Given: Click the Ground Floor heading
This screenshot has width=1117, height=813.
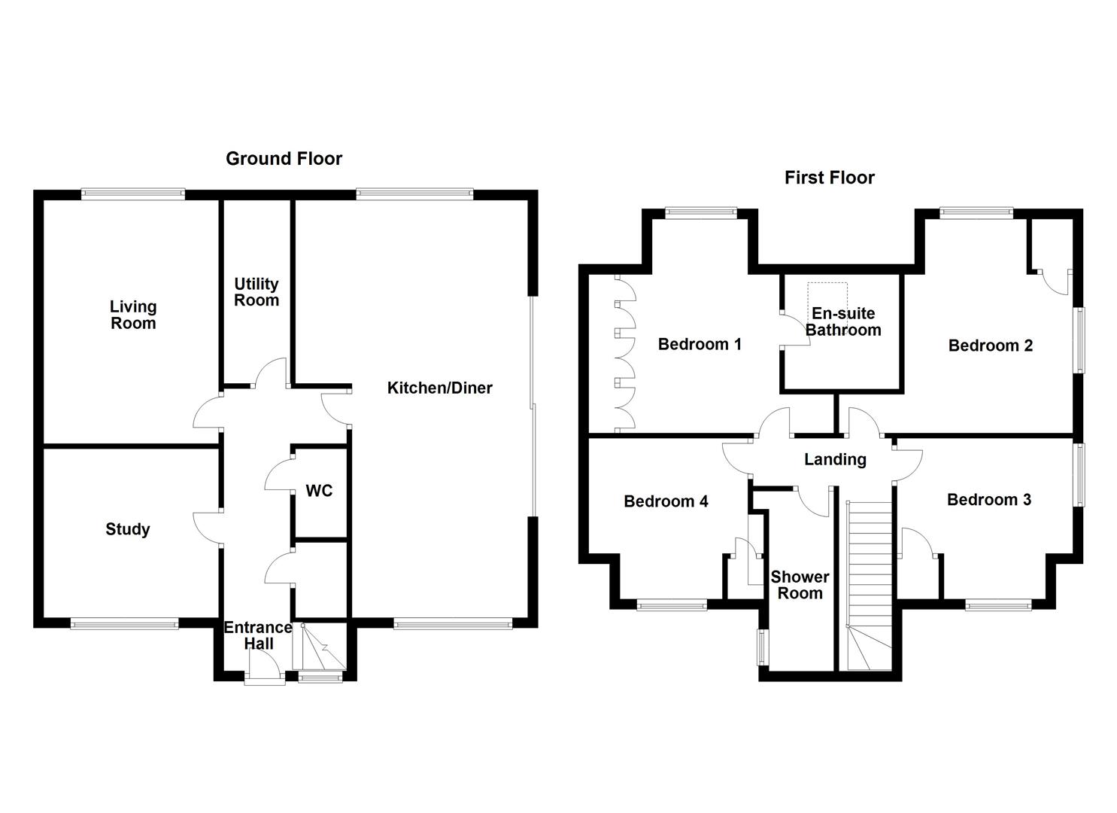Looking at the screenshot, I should click(284, 159).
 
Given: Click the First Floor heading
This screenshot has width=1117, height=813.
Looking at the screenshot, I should click(829, 178).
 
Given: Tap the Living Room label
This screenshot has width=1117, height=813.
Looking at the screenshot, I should click(133, 315).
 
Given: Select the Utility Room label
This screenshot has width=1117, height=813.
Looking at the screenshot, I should click(256, 292).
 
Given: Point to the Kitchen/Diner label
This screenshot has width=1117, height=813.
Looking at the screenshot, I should click(439, 388).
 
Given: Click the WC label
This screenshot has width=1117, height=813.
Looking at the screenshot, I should click(319, 491).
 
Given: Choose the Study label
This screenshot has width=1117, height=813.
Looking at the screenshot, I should click(127, 529).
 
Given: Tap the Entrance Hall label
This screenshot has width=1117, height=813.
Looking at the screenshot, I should click(258, 635).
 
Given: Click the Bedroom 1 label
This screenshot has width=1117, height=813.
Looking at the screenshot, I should click(700, 344).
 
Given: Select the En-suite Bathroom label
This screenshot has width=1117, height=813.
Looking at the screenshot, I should click(842, 321).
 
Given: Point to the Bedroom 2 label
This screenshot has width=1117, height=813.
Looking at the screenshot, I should click(990, 346).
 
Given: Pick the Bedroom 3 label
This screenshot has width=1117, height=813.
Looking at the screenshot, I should click(988, 500).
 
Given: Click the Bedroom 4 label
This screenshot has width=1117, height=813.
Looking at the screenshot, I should click(666, 501).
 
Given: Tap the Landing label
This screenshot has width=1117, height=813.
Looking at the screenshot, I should click(835, 459).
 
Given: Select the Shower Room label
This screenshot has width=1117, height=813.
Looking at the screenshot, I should click(800, 585).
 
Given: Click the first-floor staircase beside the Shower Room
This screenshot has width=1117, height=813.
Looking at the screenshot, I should click(869, 580).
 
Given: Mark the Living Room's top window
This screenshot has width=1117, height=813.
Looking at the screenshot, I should click(133, 194).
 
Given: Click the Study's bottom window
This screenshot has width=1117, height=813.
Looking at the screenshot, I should click(124, 623).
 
